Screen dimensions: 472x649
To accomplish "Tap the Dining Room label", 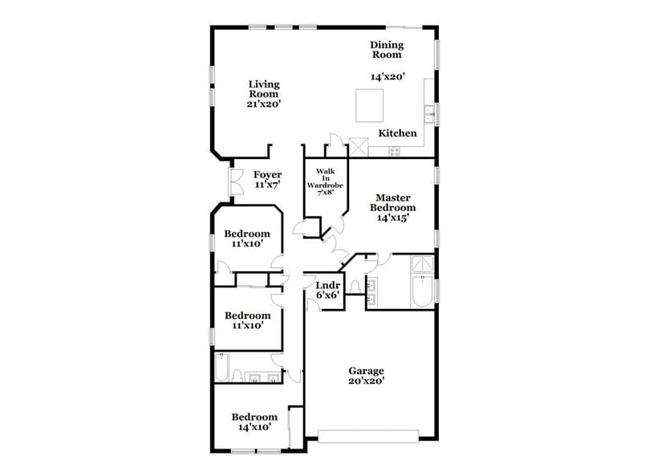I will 387,50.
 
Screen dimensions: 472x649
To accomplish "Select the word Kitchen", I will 397,133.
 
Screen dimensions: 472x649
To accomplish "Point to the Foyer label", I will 267,175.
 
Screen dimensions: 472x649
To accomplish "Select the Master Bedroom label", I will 392,202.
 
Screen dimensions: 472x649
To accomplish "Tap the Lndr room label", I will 327,286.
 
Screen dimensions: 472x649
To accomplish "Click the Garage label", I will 366,371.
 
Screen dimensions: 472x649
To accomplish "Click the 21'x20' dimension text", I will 263,104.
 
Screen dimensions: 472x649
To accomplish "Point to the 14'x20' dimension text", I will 387,78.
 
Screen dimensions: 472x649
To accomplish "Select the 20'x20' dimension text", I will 366,382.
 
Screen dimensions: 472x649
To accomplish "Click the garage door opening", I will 368,437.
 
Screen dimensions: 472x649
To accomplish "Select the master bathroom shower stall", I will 422,265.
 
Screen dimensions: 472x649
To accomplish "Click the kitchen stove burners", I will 395,151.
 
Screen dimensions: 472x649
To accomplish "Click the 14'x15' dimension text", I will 392,218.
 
